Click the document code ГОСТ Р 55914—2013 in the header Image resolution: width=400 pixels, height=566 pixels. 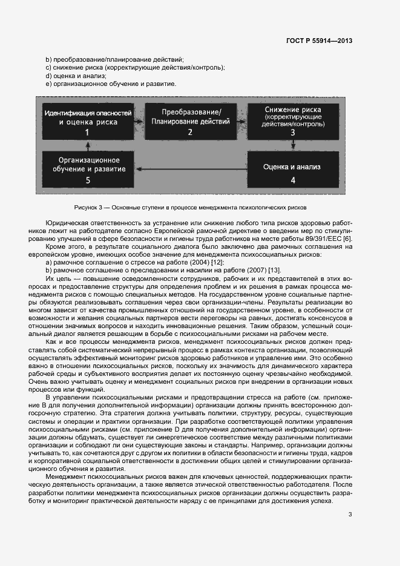[319, 41]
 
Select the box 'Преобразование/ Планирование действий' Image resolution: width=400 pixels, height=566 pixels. [190, 122]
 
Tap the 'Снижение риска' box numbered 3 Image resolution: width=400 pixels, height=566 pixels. [293, 120]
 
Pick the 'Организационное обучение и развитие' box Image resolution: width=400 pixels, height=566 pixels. [88, 169]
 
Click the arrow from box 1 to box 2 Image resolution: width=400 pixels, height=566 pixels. [139, 122]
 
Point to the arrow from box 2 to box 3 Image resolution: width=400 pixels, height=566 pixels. [242, 121]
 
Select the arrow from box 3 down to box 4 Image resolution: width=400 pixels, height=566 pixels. [293, 145]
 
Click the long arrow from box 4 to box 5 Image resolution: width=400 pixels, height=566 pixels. [191, 169]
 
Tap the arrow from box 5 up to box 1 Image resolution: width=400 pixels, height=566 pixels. [88, 145]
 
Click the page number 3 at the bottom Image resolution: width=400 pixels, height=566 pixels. [350, 515]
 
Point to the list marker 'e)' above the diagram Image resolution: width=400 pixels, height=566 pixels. [48, 84]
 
